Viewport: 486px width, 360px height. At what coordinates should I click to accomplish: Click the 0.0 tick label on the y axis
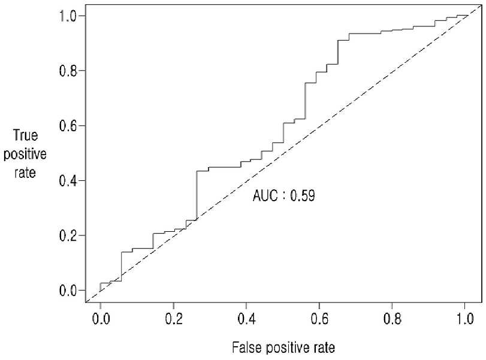coord(68,291)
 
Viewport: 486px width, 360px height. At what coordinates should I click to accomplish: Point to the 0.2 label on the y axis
coord(68,236)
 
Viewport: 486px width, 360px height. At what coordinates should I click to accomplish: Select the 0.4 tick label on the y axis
coord(68,181)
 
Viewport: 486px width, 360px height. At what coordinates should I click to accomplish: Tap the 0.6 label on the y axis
coord(68,126)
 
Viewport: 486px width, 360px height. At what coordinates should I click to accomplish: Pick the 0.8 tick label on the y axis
coord(68,71)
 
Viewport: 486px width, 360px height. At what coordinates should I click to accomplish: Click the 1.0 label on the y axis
coord(68,16)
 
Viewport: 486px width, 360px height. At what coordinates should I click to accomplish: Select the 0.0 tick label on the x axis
coord(101,319)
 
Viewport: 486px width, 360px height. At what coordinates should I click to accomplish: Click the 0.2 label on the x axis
coord(174,319)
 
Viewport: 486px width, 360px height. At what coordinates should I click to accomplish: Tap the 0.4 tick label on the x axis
coord(246,319)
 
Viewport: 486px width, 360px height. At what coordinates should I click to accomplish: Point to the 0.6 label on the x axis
coord(319,319)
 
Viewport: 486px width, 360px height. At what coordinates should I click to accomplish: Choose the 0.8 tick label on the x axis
coord(392,319)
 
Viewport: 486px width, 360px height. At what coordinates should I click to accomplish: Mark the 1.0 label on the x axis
coord(465,319)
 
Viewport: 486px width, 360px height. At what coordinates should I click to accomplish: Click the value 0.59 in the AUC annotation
coord(303,196)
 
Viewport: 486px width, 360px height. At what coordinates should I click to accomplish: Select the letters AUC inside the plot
coord(265,196)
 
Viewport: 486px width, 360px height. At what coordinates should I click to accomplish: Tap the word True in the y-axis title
coord(25,135)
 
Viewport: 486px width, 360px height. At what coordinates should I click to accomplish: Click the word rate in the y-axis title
coord(25,173)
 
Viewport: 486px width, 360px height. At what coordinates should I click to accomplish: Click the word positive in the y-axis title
coord(25,155)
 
